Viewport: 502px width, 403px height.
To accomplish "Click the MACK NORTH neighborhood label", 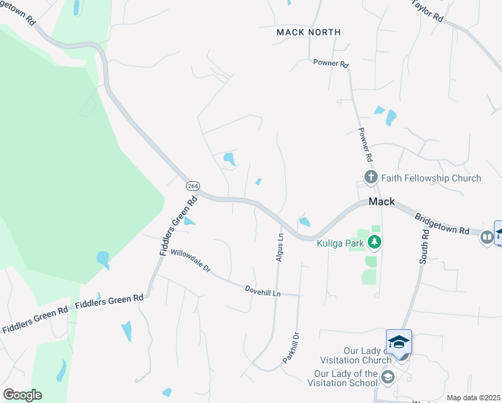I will point(309,32).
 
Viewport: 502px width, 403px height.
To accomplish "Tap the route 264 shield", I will point(193,186).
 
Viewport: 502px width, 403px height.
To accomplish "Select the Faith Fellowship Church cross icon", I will point(370,178).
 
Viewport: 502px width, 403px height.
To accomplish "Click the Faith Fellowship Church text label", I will point(431,178).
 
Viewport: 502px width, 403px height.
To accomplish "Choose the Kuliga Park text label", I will point(340,242).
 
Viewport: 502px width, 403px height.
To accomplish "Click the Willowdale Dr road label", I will point(191,261).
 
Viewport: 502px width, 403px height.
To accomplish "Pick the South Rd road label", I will point(425,246).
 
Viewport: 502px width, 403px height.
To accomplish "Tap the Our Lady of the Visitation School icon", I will point(387,378).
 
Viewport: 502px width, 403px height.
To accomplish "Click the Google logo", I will point(22,395).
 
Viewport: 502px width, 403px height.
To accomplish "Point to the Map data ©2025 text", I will point(473,398).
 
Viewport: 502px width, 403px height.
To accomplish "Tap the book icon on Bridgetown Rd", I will point(487,236).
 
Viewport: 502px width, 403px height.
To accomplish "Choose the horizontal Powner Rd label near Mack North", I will point(331,64).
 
